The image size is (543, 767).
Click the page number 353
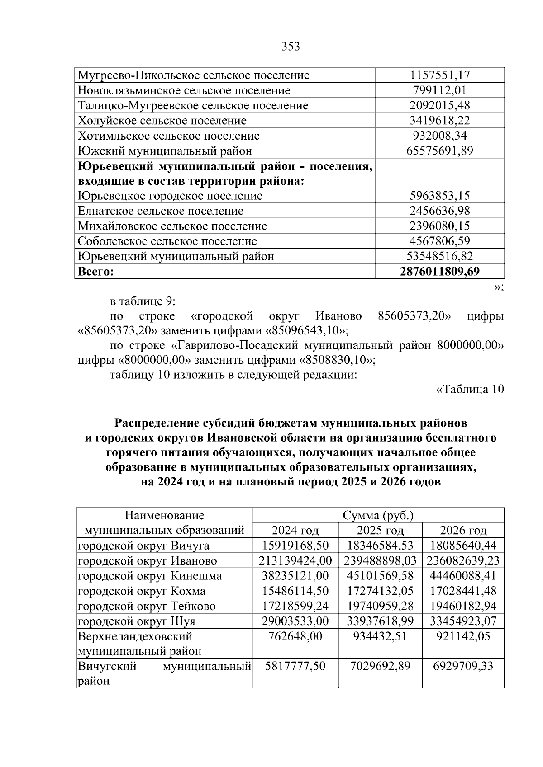click(x=291, y=47)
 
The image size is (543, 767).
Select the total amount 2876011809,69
click(x=440, y=271)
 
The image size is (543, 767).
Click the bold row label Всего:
click(x=95, y=272)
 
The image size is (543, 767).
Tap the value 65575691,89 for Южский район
click(x=440, y=151)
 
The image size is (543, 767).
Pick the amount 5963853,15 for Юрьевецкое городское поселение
click(x=440, y=196)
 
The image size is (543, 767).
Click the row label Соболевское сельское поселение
click(x=167, y=241)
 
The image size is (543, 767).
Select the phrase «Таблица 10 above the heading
click(x=470, y=389)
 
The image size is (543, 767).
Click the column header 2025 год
click(x=380, y=530)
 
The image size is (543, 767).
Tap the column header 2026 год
click(x=463, y=530)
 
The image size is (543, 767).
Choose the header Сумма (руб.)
click(x=378, y=515)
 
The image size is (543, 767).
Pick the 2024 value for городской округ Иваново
click(x=295, y=561)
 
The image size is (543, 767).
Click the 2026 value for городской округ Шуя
click(x=463, y=621)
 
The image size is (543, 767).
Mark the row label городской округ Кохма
click(x=142, y=591)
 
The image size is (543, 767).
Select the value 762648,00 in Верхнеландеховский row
click(x=295, y=636)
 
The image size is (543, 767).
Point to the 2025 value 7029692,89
click(x=380, y=666)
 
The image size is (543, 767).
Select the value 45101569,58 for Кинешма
click(x=380, y=576)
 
